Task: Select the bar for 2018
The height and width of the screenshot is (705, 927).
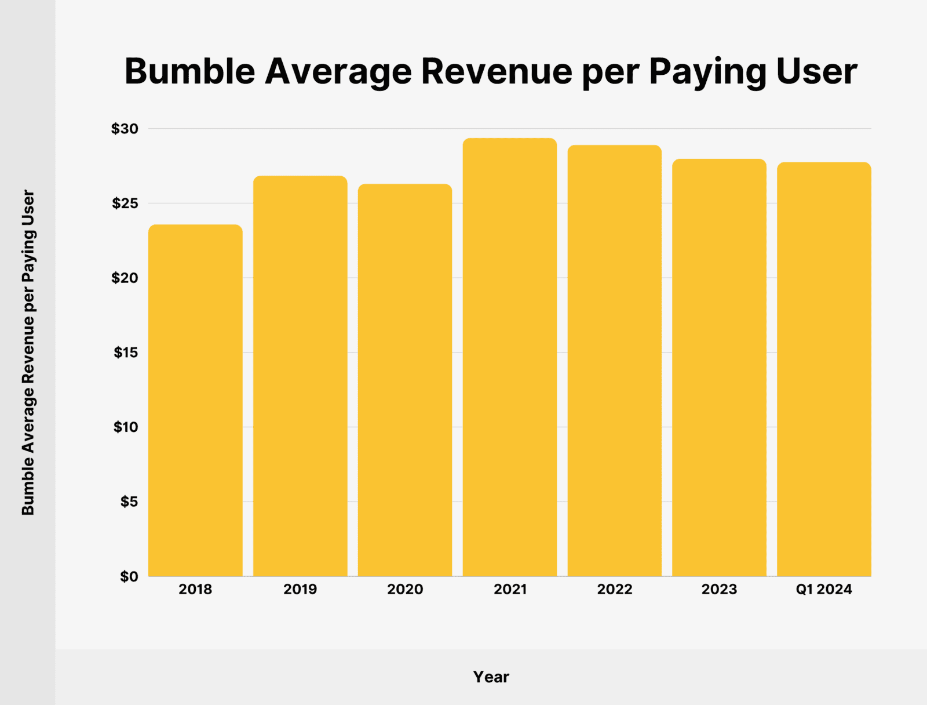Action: tap(195, 400)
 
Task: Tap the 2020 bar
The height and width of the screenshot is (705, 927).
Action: tap(405, 380)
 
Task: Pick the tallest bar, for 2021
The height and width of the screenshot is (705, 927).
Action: tap(510, 357)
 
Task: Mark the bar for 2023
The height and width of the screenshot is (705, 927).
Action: tap(719, 368)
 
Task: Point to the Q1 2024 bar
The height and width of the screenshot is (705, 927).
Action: tap(824, 369)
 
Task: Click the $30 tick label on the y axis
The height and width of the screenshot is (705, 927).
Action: tap(125, 129)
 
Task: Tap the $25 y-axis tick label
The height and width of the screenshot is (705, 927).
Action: tap(125, 203)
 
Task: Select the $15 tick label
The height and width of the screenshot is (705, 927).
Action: tap(126, 352)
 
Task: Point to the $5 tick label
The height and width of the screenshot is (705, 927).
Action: tap(129, 502)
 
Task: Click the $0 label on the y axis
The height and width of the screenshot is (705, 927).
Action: tap(129, 576)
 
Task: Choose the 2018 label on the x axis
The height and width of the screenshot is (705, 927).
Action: tap(195, 590)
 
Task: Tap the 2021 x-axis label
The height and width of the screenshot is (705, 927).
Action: tap(510, 590)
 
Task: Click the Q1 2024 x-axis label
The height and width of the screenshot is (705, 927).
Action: tap(824, 590)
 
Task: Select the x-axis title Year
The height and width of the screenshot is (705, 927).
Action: tap(491, 677)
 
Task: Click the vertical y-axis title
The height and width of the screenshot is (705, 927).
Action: tap(28, 352)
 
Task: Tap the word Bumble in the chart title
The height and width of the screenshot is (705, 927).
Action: tap(189, 71)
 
